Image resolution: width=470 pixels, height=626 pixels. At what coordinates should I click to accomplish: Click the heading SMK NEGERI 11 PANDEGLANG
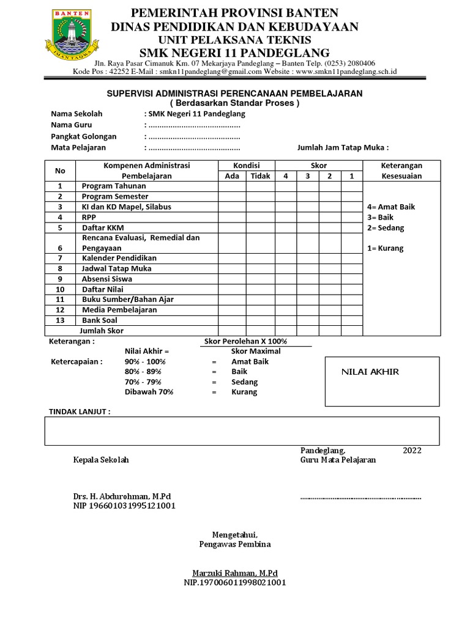pyautogui.click(x=234, y=53)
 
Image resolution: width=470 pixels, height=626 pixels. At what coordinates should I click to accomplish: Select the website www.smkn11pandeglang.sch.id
pyautogui.click(x=346, y=72)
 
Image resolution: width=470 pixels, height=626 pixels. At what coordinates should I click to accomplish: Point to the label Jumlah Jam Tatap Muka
pyautogui.click(x=343, y=147)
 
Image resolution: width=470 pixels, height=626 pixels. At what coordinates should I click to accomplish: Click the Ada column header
pyautogui.click(x=233, y=176)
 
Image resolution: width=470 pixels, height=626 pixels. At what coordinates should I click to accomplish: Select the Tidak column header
pyautogui.click(x=260, y=176)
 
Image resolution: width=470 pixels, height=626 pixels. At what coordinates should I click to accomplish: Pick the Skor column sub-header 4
pyautogui.click(x=285, y=176)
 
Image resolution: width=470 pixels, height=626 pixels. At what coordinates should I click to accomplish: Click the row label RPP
pyautogui.click(x=89, y=217)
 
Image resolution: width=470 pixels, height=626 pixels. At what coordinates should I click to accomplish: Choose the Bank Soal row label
pyautogui.click(x=99, y=320)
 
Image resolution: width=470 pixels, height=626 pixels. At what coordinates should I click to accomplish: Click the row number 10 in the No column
pyautogui.click(x=60, y=289)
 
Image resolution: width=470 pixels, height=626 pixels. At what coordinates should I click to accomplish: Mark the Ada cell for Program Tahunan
pyautogui.click(x=233, y=186)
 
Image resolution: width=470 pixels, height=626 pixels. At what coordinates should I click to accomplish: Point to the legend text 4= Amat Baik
pyautogui.click(x=390, y=207)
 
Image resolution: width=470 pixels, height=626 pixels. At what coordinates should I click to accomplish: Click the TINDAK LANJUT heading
pyautogui.click(x=80, y=411)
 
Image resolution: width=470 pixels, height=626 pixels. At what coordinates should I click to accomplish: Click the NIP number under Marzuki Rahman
pyautogui.click(x=235, y=583)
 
